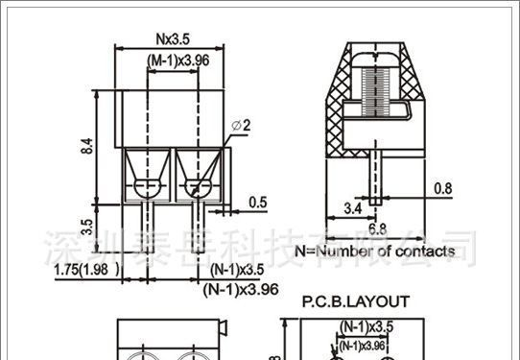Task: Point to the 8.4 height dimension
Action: [87, 147]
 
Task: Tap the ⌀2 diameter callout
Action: [240, 126]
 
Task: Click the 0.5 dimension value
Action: [258, 202]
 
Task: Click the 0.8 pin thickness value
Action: [443, 188]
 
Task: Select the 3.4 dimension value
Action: [352, 207]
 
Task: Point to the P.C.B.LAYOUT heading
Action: [355, 300]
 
